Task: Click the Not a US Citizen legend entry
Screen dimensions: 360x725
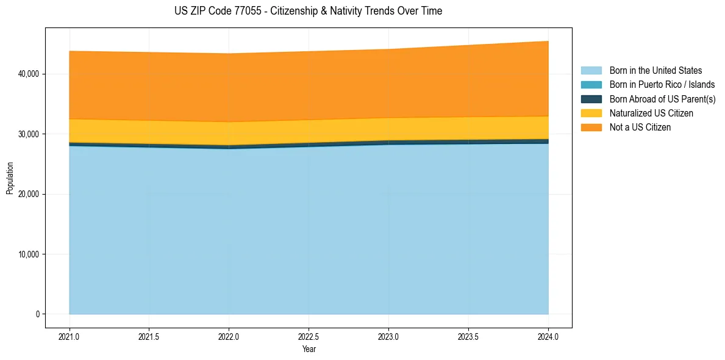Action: click(640, 127)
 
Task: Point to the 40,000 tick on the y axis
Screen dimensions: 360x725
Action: click(29, 74)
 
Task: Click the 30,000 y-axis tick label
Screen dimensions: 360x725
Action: click(29, 134)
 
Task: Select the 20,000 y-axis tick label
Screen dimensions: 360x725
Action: click(29, 194)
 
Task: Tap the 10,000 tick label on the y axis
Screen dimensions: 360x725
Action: click(29, 254)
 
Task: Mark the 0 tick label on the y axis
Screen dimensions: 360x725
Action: click(37, 314)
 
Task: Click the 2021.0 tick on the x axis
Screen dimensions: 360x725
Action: click(70, 336)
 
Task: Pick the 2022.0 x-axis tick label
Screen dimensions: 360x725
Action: click(229, 336)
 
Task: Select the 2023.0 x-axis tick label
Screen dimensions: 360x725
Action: click(388, 336)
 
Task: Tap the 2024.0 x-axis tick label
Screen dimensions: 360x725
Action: click(548, 336)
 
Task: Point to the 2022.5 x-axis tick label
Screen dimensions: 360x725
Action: click(309, 336)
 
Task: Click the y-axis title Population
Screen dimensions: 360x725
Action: click(10, 178)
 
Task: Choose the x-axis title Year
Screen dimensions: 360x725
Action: click(309, 349)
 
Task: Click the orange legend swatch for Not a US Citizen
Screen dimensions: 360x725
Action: click(591, 127)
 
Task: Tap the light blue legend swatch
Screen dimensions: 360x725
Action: click(591, 71)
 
